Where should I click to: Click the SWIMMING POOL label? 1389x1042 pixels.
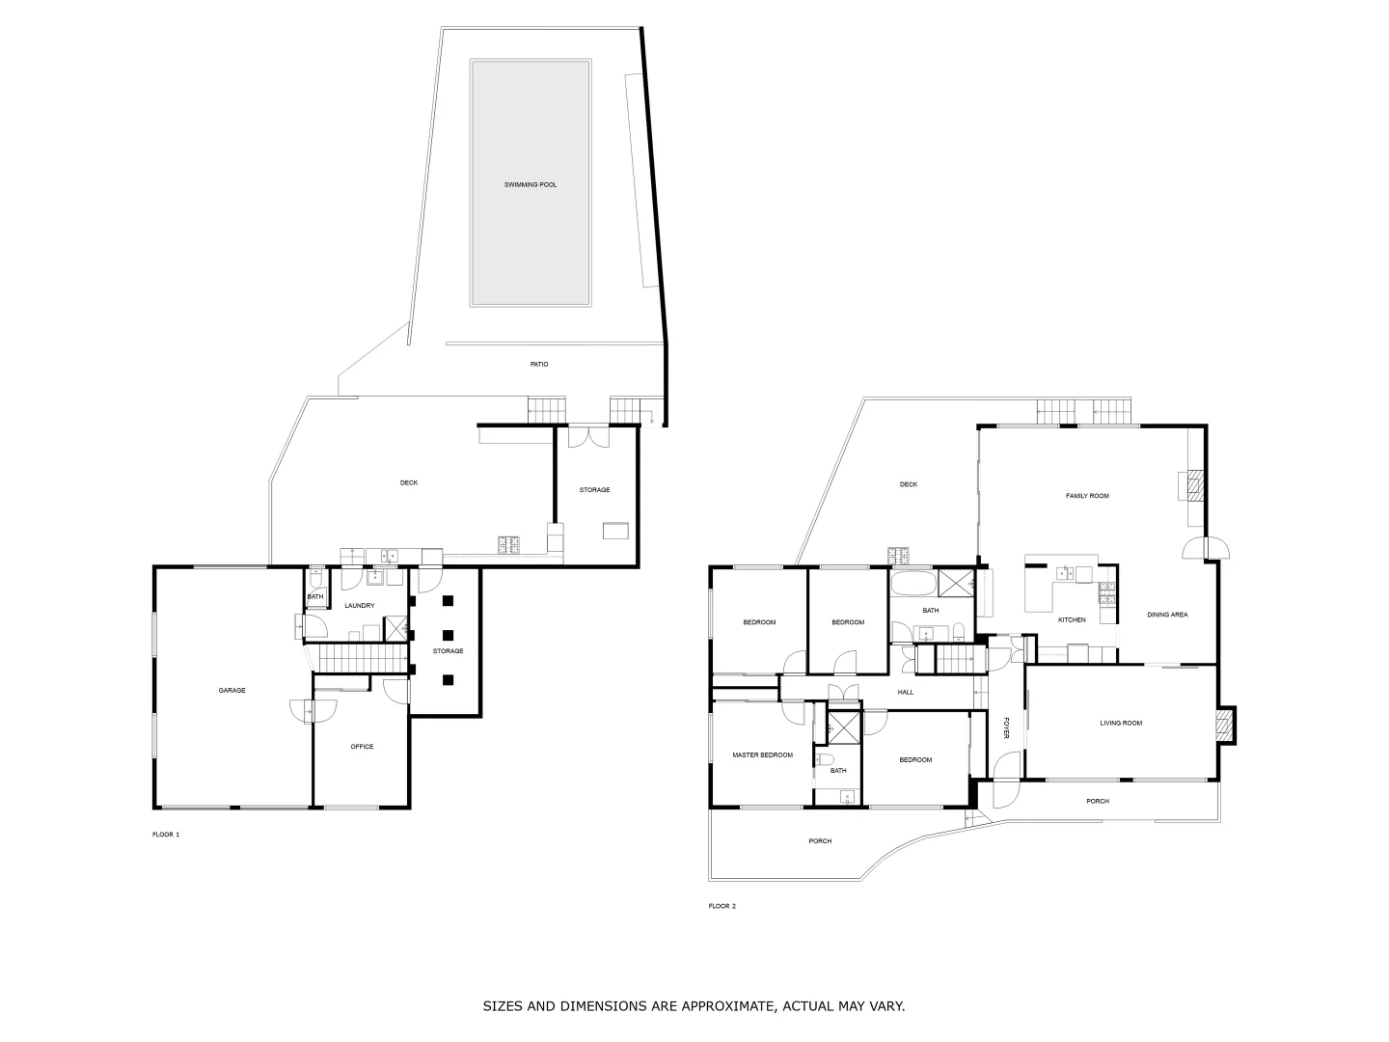point(531,184)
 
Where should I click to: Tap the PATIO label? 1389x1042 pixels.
point(539,364)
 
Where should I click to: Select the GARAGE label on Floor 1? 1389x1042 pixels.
point(231,690)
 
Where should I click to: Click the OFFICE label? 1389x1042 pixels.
point(362,746)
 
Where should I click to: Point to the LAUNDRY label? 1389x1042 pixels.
point(359,605)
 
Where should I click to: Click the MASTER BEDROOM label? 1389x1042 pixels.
point(762,754)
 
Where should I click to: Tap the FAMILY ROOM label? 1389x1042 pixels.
point(1087,495)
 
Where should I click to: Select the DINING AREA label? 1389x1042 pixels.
point(1167,615)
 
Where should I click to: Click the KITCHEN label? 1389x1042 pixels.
point(1072,619)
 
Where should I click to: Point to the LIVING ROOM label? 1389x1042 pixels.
point(1121,723)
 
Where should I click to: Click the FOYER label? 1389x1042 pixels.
point(1005,727)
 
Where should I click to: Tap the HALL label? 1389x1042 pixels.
point(905,692)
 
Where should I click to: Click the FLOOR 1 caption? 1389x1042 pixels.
point(166,834)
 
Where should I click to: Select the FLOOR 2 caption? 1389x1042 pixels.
point(722,906)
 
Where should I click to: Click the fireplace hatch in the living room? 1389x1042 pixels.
point(1224,726)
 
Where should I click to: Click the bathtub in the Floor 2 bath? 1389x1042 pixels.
point(912,584)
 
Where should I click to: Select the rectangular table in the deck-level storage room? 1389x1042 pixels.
point(615,530)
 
